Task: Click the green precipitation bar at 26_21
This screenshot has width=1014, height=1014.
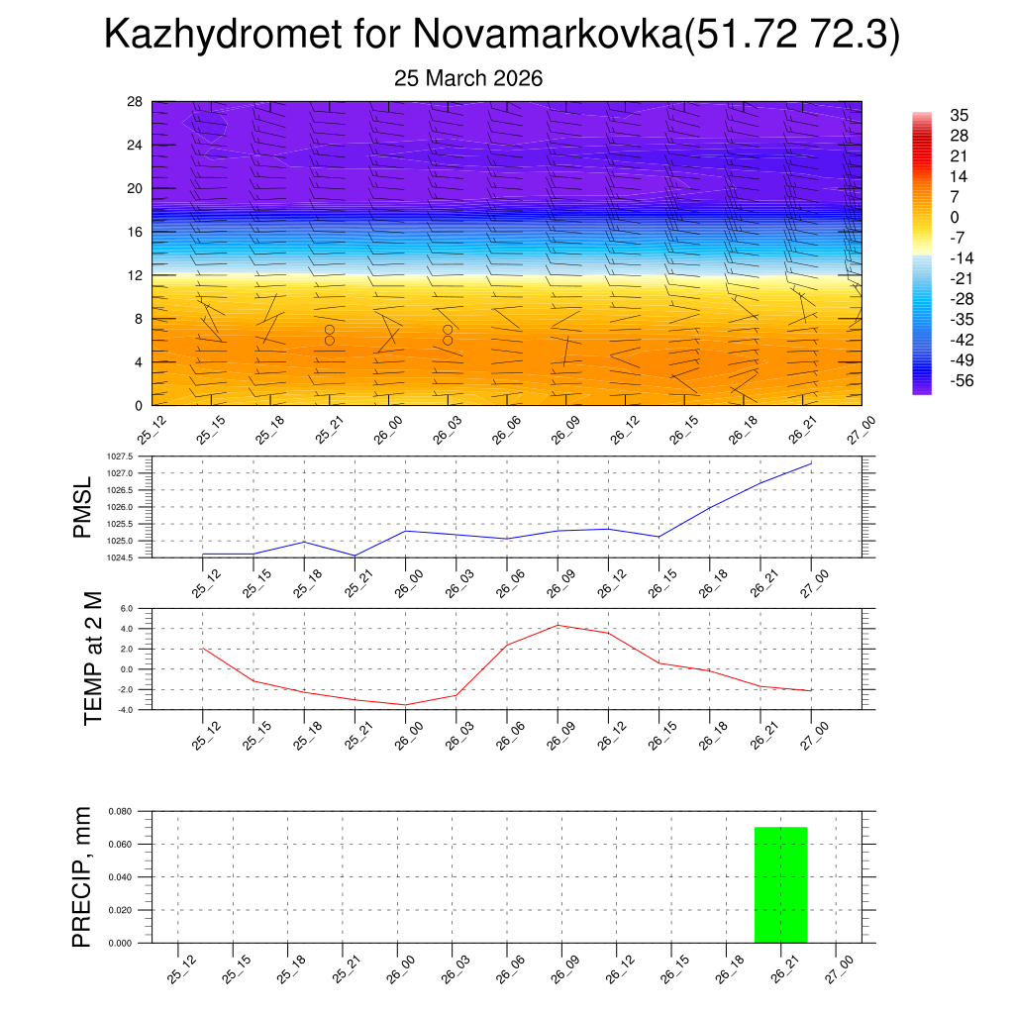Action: pos(781,884)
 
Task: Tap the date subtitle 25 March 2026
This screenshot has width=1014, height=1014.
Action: pos(468,78)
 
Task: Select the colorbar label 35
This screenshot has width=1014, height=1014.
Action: pos(959,115)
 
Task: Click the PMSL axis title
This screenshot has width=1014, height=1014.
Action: pos(82,508)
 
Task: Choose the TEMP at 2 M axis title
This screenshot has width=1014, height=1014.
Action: pos(93,658)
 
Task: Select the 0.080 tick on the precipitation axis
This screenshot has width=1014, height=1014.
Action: pos(121,811)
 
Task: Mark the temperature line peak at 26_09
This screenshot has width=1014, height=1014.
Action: pos(558,625)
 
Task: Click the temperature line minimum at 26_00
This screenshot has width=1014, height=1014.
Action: pos(405,705)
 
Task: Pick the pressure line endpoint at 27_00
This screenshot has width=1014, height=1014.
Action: pos(811,463)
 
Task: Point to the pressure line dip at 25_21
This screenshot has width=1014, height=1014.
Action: pos(355,556)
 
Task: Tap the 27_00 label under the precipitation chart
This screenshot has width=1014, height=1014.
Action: pos(837,967)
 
